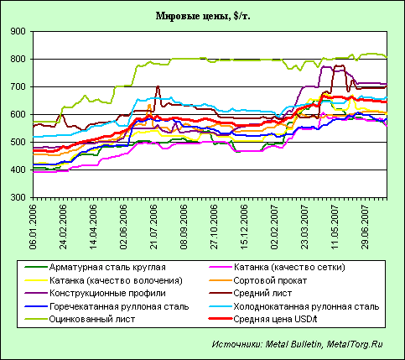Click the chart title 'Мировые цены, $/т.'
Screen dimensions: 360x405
pos(201,16)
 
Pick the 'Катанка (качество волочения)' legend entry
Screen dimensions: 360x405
pos(115,280)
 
